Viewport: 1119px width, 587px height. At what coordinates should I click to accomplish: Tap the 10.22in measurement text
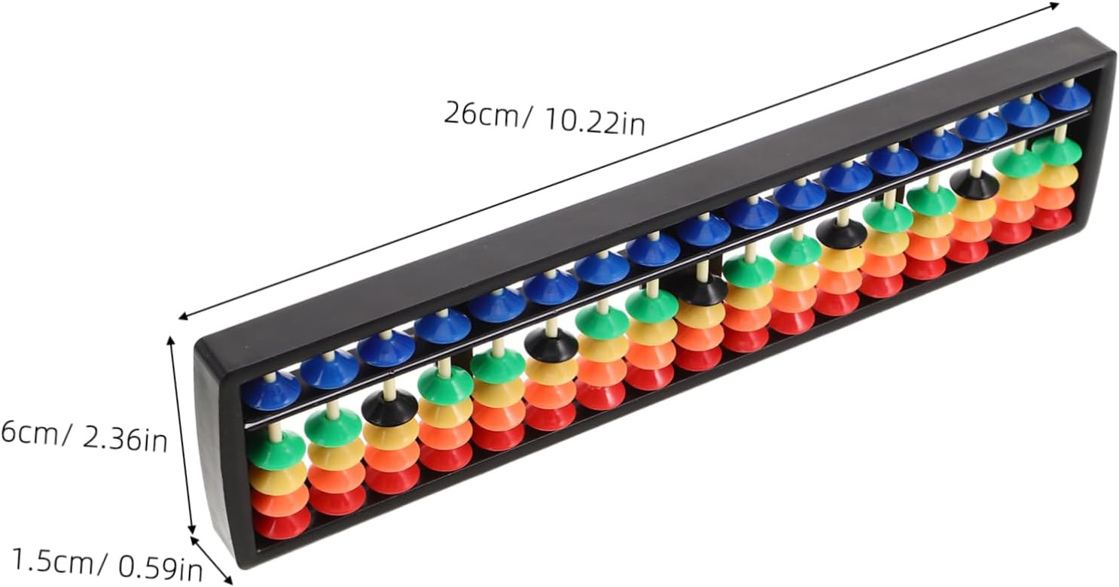594,122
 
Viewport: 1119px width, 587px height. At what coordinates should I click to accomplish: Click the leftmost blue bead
271,391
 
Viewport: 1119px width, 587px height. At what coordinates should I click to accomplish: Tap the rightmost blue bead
1065,96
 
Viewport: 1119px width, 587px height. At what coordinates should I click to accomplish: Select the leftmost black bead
389,407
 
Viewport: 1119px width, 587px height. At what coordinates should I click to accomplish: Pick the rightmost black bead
974,184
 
